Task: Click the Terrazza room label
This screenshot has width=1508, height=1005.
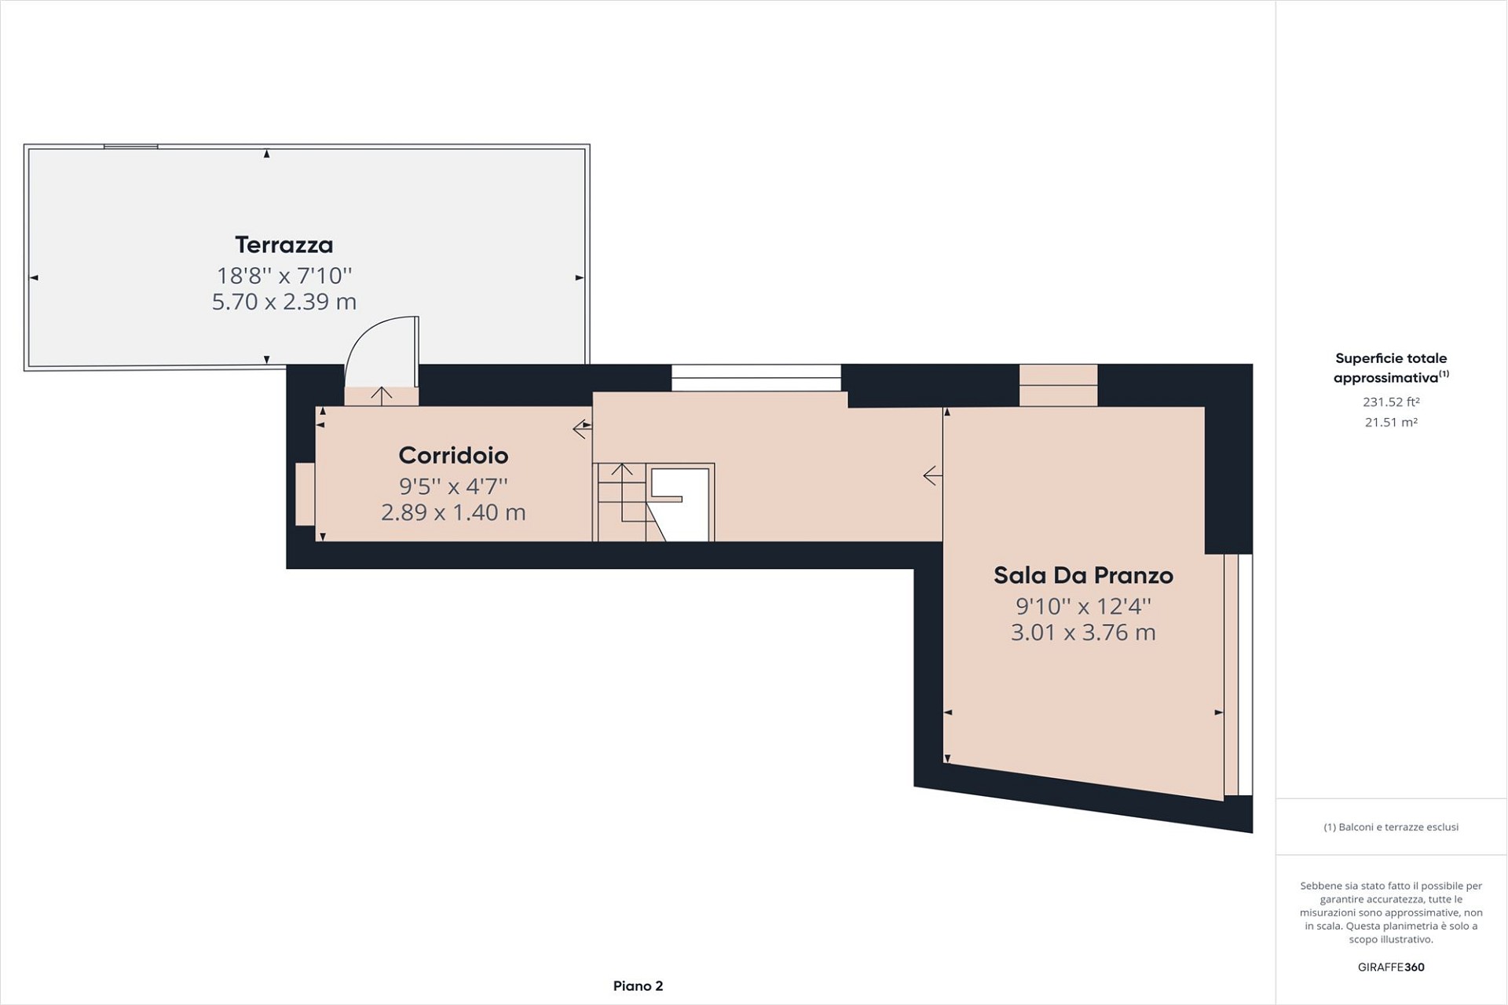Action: tap(284, 245)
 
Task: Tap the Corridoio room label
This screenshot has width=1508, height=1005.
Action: tap(453, 456)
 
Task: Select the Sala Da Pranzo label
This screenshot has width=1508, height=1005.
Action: tap(1083, 576)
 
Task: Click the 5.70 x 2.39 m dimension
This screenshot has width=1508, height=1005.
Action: tap(284, 302)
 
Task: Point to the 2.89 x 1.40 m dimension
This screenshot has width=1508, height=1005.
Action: tap(453, 512)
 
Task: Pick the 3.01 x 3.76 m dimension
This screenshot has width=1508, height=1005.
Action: tap(1083, 633)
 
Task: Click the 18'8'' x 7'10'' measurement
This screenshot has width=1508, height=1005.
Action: tap(284, 276)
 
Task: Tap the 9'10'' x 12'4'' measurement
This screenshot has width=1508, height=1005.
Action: tap(1083, 607)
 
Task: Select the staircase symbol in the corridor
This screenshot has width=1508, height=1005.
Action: tap(654, 502)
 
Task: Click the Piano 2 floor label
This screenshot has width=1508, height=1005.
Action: tap(638, 986)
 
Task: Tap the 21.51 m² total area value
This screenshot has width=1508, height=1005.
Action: tap(1391, 423)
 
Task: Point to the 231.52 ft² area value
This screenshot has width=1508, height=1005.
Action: tap(1391, 402)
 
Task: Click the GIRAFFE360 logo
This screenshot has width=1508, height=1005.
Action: tap(1391, 967)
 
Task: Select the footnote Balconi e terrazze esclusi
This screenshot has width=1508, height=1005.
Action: tap(1391, 827)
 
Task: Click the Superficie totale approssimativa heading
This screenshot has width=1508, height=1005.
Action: tap(1391, 368)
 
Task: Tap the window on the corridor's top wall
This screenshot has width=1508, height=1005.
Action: tap(756, 378)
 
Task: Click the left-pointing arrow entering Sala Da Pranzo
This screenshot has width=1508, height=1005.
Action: tap(932, 475)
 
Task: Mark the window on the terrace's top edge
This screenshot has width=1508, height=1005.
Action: tap(130, 146)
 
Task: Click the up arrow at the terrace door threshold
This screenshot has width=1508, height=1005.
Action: tap(382, 396)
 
